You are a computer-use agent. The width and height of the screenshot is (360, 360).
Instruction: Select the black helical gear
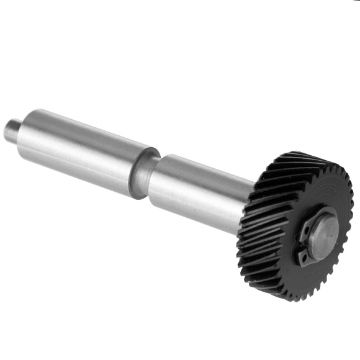292,223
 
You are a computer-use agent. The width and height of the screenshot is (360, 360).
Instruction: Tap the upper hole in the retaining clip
306,230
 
